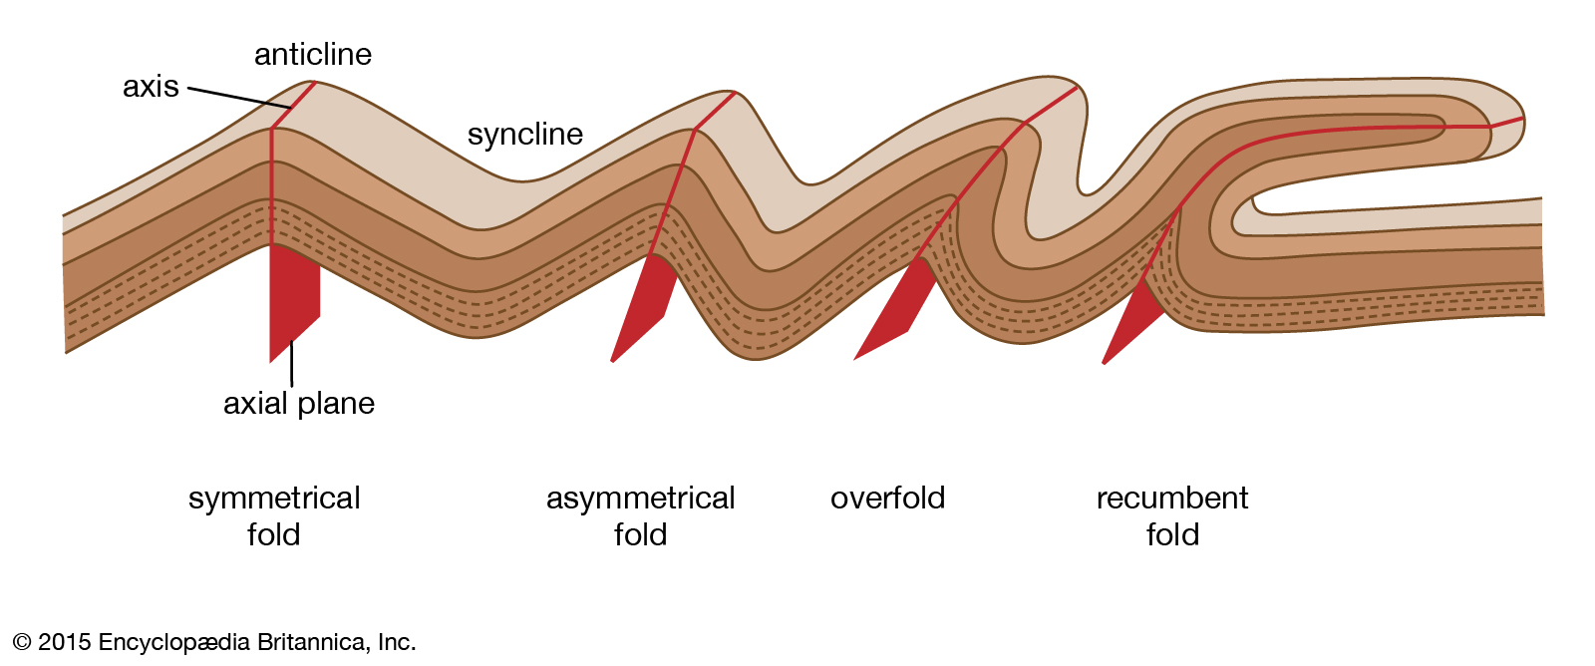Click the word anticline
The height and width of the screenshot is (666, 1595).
[x=313, y=55]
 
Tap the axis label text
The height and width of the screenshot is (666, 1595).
[x=151, y=86]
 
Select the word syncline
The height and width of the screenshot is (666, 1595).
[x=524, y=134]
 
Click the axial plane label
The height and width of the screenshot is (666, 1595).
[x=299, y=403]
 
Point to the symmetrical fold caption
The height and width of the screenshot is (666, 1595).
[x=274, y=515]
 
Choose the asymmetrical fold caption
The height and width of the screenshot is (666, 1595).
[x=640, y=515]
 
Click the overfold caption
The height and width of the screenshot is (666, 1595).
[x=887, y=498]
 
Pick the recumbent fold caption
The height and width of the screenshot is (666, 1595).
[x=1172, y=515]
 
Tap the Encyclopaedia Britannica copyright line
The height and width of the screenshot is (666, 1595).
[x=214, y=642]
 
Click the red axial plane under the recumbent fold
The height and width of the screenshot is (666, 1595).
[x=1132, y=320]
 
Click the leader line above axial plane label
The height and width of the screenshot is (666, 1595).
[x=291, y=364]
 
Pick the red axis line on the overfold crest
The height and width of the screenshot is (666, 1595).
[x=1051, y=105]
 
